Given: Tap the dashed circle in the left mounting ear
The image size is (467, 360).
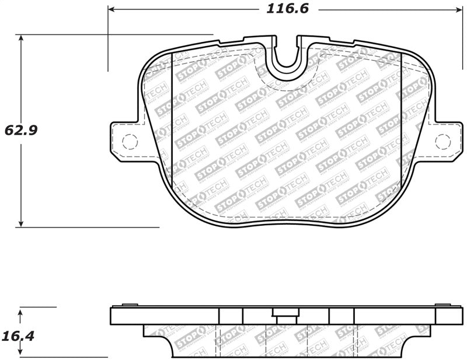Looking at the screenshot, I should (x=129, y=141).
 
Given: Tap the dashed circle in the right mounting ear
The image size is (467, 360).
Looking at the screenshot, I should (x=443, y=141).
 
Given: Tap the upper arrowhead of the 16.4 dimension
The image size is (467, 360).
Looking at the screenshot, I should (x=21, y=314).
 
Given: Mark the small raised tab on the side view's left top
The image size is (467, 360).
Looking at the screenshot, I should (x=130, y=305).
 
